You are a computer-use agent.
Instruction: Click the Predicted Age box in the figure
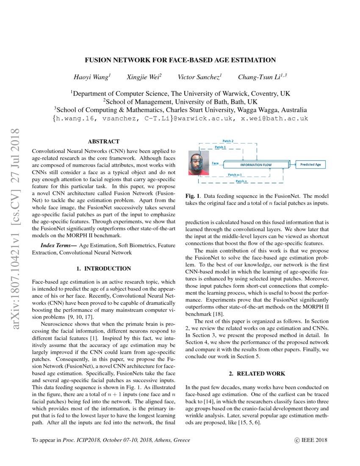[x=310, y=164]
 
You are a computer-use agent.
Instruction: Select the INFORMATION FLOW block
[x=256, y=165]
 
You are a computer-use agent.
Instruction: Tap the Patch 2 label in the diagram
[x=228, y=141]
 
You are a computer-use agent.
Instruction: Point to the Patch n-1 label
[x=235, y=175]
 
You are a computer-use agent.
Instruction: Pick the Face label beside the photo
[x=215, y=163]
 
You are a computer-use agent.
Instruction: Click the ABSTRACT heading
[x=103, y=141]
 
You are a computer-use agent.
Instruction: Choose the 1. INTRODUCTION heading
[x=103, y=269]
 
